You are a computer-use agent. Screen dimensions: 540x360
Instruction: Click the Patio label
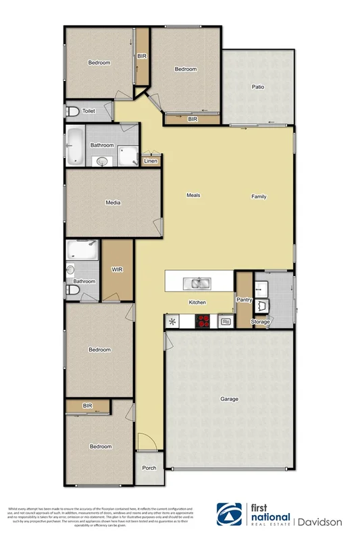[x=257, y=86]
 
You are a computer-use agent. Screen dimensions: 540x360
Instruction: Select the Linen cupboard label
[x=151, y=161]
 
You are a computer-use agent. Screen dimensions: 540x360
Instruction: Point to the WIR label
[x=116, y=269]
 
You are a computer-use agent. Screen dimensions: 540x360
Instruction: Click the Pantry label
[x=244, y=299]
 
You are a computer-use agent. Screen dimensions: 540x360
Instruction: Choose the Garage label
[x=229, y=399]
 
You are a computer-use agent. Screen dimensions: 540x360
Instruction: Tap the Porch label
[x=149, y=468]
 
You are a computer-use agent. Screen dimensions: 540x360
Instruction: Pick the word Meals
[x=193, y=196]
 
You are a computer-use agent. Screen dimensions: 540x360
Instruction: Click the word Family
[x=259, y=197]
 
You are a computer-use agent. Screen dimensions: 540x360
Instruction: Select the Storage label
[x=261, y=322]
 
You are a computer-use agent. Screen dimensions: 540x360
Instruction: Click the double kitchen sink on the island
[x=200, y=283]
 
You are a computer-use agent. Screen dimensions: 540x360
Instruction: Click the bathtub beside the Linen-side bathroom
[x=76, y=146]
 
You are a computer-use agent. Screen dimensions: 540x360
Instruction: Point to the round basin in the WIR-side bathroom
[x=72, y=269]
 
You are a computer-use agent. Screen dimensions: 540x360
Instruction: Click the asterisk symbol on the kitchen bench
[x=172, y=321]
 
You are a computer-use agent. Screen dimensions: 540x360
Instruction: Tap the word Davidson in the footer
[x=320, y=521]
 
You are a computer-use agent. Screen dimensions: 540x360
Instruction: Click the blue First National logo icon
[x=230, y=515]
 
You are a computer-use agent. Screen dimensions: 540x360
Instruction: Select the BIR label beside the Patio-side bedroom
[x=192, y=119]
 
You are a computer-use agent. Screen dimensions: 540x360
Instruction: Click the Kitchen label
[x=197, y=302]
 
